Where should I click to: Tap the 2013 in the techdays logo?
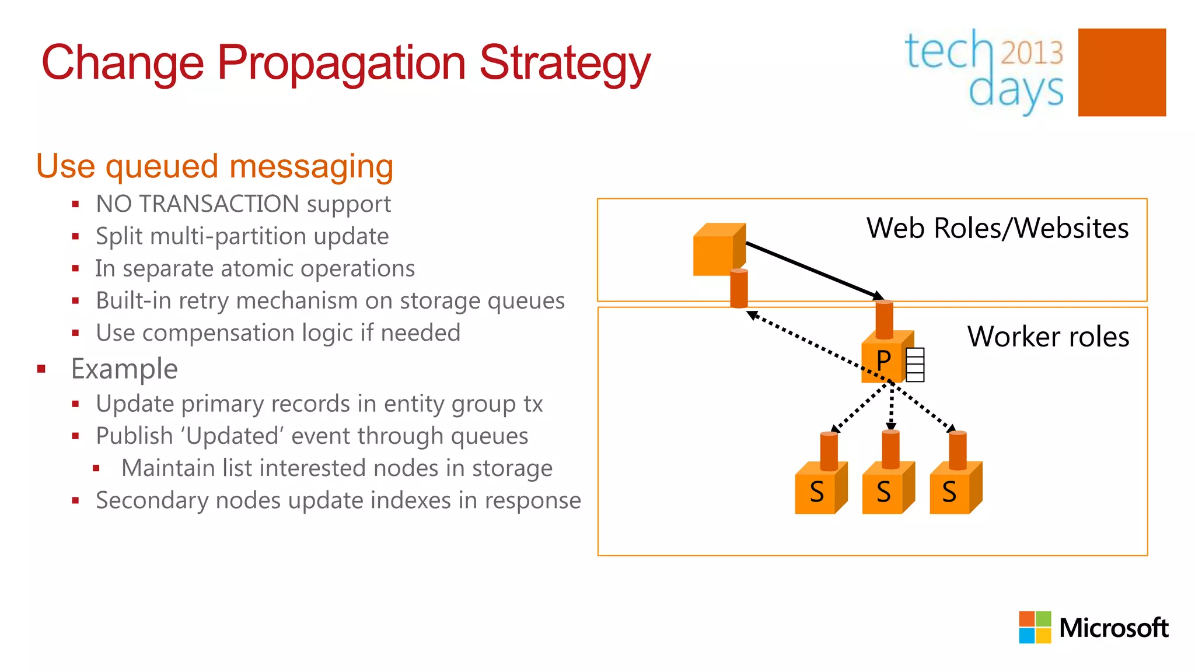pos(1032,52)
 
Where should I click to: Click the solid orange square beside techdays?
pos(1121,72)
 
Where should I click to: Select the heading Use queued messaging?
pos(215,166)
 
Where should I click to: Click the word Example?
pos(124,369)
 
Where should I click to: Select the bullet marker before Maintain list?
pos(97,468)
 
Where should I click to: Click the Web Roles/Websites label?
pos(997,228)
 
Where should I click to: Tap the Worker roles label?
pos(1048,337)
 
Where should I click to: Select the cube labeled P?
pos(883,359)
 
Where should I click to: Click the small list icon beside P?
pos(915,365)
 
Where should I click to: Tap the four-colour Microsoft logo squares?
pos(1035,627)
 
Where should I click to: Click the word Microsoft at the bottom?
pos(1113,628)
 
